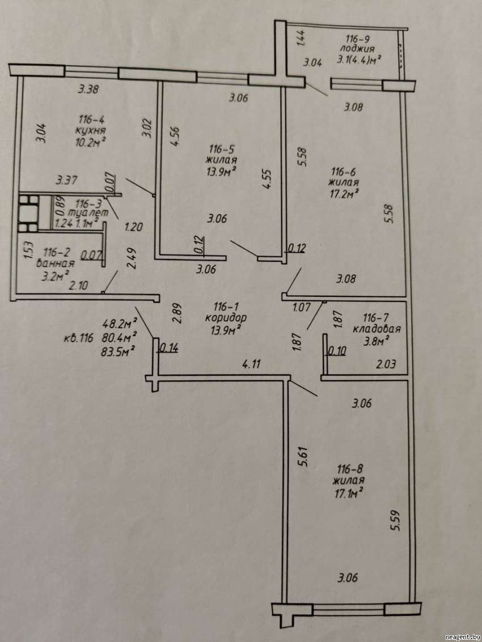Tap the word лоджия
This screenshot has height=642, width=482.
(x=358, y=49)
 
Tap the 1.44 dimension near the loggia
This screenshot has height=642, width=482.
(x=301, y=38)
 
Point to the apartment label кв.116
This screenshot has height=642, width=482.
(x=79, y=339)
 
